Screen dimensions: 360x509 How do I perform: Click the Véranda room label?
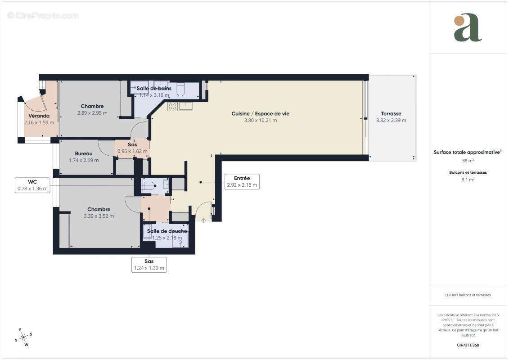coord(39,116)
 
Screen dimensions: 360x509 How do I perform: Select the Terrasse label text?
coord(391,113)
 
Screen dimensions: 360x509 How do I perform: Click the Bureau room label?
coord(84,153)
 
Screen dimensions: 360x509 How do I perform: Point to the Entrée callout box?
coord(242,181)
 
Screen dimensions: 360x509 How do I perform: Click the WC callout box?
coord(32,185)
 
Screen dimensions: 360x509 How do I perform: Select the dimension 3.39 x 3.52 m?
coord(99,216)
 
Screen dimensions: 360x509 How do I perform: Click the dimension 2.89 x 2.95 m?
coord(92,113)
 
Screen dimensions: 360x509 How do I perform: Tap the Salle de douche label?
coord(167,231)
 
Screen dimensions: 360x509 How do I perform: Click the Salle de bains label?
coord(154,88)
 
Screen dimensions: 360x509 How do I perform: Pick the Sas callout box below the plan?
coord(149,265)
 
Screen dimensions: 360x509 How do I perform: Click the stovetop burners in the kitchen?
coord(172,106)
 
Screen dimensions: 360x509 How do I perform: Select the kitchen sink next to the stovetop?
coord(186,106)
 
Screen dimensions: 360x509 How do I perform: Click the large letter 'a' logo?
coord(467,28)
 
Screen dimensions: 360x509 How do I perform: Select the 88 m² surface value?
coord(468,160)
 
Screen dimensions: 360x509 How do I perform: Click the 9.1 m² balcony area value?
coord(468,180)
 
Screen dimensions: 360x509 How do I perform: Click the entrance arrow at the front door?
coord(203,220)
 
